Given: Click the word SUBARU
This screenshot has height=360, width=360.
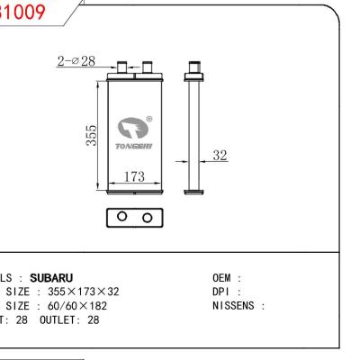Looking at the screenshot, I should tap(51, 278).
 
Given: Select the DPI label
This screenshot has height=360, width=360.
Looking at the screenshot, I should tap(222, 292).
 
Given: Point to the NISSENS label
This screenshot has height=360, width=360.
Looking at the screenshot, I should tap(238, 306).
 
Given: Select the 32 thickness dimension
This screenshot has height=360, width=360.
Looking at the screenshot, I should tap(219, 156).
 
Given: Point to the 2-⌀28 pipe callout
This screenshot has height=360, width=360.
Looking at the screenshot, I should tap(75, 60).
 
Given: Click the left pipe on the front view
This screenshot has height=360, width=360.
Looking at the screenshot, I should tap(121, 67).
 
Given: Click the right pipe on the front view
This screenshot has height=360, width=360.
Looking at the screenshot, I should tap(143, 67).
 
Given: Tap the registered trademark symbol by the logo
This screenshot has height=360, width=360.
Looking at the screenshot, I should tap(148, 118).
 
